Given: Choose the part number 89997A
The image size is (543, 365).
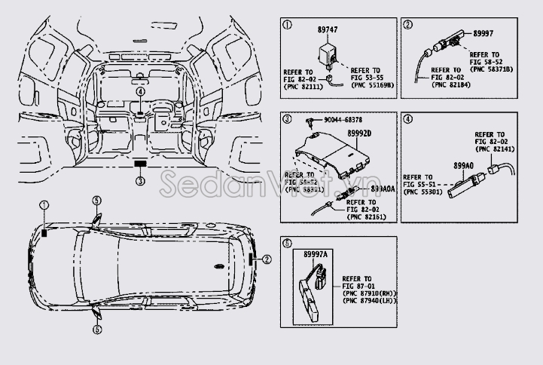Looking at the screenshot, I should tap(314, 255).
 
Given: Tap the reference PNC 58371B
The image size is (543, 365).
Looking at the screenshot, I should tap(491, 68).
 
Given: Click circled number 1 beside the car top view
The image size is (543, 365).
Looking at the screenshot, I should tap(44, 206).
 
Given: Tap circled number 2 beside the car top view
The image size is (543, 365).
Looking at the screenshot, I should tap(266, 259).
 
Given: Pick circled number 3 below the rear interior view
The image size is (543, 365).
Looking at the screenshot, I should tap(140, 180).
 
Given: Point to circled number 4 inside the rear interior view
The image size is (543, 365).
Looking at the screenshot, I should tap(140, 91).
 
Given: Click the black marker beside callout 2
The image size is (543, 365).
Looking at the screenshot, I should tap(251, 259).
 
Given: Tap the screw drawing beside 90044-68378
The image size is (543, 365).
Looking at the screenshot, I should tap(309, 120).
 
